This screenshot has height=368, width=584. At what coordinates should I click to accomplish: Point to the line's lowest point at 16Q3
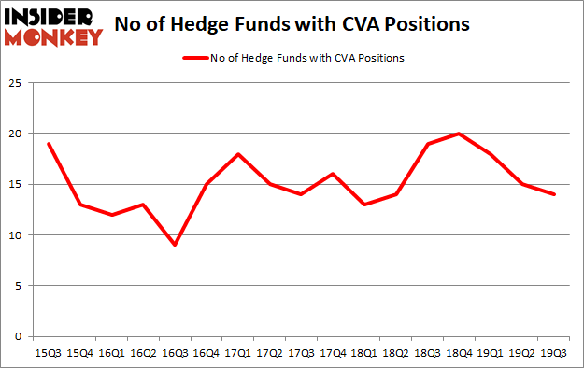click(x=175, y=245)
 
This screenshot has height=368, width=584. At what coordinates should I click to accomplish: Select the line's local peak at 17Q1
click(x=238, y=154)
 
